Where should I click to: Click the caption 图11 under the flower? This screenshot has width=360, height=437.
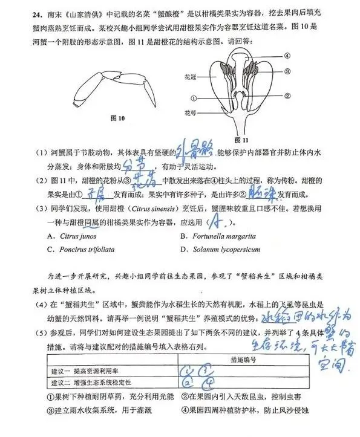pos(241,138)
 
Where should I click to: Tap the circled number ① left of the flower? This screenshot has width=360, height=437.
pos(193,99)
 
